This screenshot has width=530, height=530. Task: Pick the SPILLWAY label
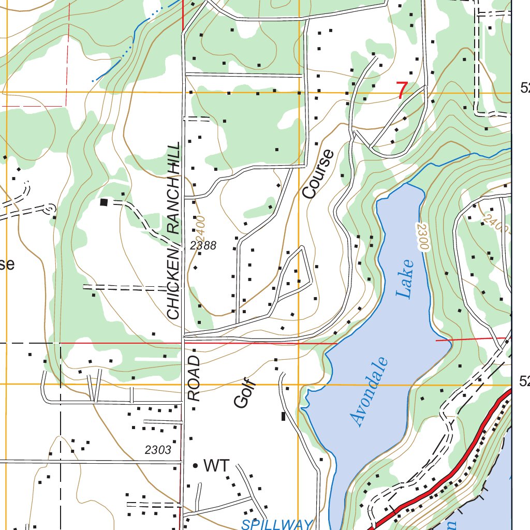point(277,524)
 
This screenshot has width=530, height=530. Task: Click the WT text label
point(216,466)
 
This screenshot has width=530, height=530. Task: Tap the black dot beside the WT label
point(195,466)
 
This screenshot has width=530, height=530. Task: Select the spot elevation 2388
point(203,246)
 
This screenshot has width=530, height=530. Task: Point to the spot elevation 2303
point(158,450)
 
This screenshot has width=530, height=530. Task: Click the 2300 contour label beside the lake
point(420,237)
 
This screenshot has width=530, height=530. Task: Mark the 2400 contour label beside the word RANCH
point(200,225)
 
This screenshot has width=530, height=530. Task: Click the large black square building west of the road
point(104,202)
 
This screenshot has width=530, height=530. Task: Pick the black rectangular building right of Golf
point(283,416)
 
